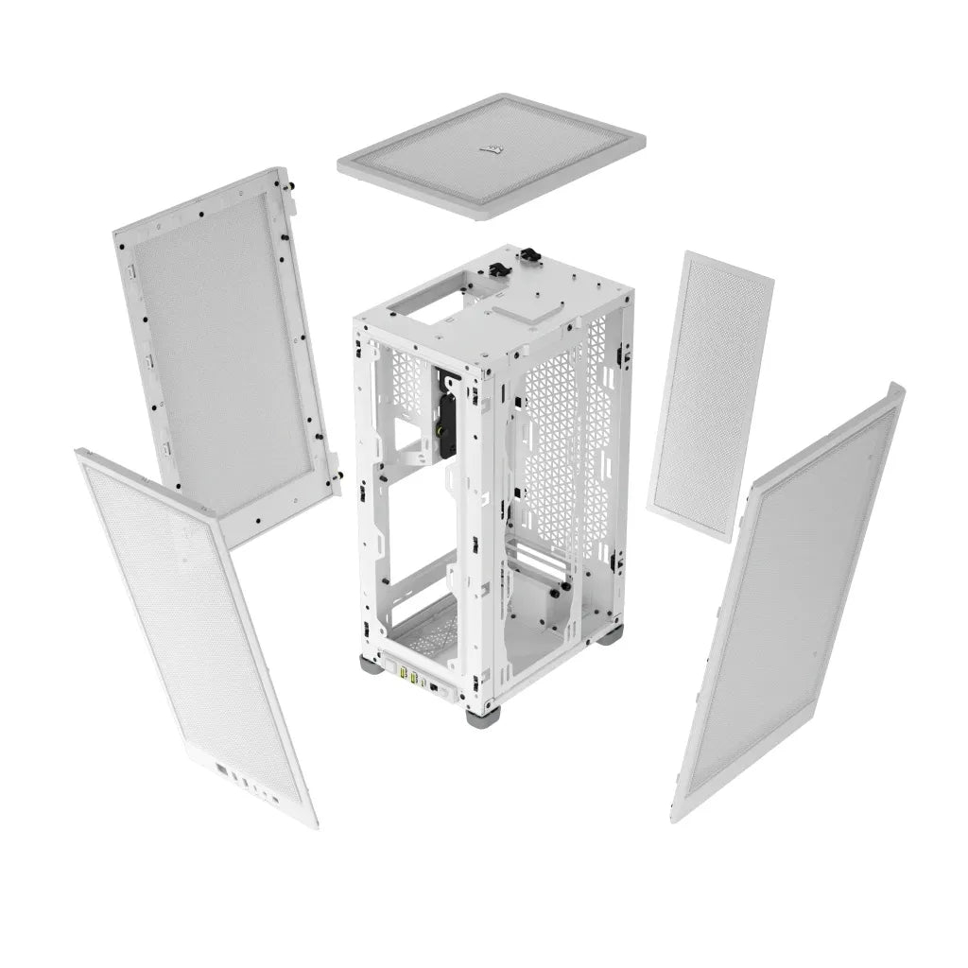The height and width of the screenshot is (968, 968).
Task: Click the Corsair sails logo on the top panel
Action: point(492,147)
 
